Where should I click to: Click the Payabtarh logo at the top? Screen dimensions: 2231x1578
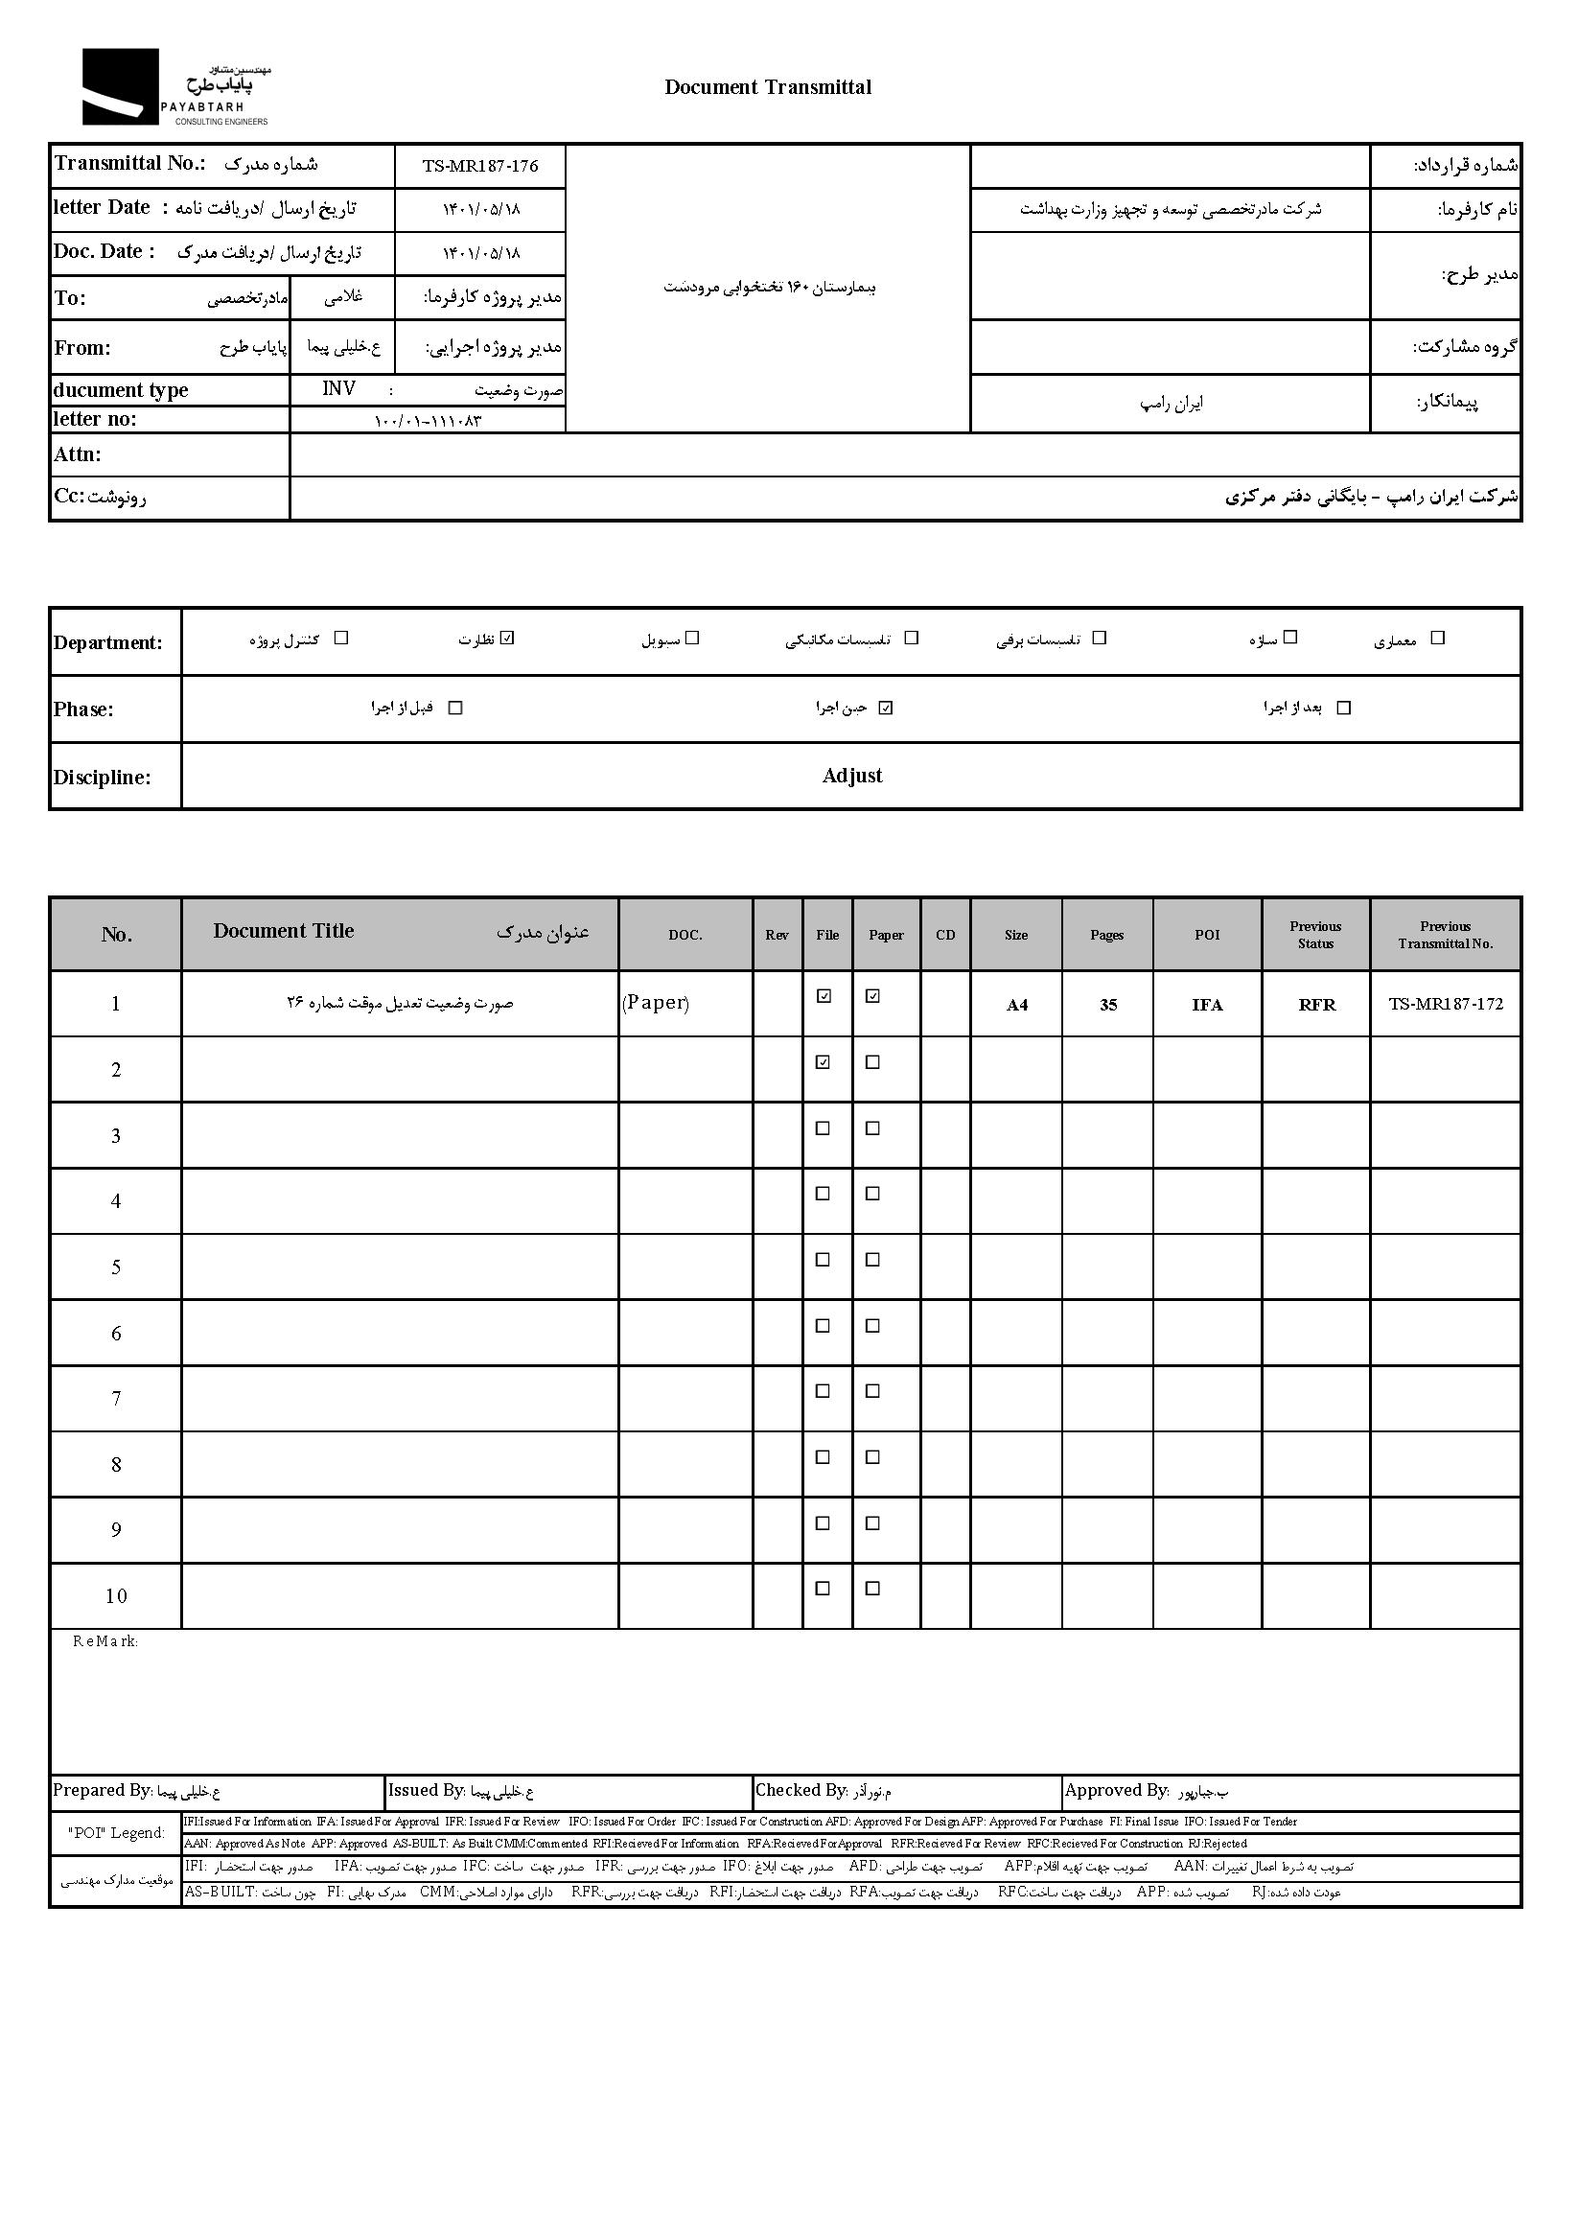pyautogui.click(x=174, y=87)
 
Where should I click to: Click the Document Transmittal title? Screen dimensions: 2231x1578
pyautogui.click(x=768, y=87)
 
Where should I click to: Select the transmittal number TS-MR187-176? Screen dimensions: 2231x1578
pyautogui.click(x=480, y=166)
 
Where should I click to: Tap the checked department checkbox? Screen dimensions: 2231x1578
pyautogui.click(x=507, y=639)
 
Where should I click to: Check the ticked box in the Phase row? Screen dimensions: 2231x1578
pyautogui.click(x=885, y=709)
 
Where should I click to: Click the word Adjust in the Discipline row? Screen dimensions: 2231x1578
pyautogui.click(x=852, y=776)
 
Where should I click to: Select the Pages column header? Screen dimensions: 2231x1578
pyautogui.click(x=1106, y=935)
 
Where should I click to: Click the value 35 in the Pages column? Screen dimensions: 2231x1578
pyautogui.click(x=1107, y=1005)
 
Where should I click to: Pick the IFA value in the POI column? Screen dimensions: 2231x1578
pyautogui.click(x=1207, y=1005)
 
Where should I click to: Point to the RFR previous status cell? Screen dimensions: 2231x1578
pyautogui.click(x=1316, y=1005)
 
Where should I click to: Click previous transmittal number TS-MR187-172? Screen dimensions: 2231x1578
pyautogui.click(x=1445, y=1004)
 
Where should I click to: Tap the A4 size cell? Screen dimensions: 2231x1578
pyautogui.click(x=1016, y=1005)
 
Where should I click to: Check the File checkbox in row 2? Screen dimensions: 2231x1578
pyautogui.click(x=823, y=1062)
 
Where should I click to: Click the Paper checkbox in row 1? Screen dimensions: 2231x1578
pyautogui.click(x=872, y=996)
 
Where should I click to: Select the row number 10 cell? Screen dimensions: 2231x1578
pyautogui.click(x=116, y=1595)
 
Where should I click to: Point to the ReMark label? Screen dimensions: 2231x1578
pyautogui.click(x=104, y=1641)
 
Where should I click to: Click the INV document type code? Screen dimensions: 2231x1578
pyautogui.click(x=339, y=388)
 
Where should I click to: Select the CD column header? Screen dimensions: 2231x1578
pyautogui.click(x=945, y=935)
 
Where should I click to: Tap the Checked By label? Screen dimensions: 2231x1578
pyautogui.click(x=801, y=1790)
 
